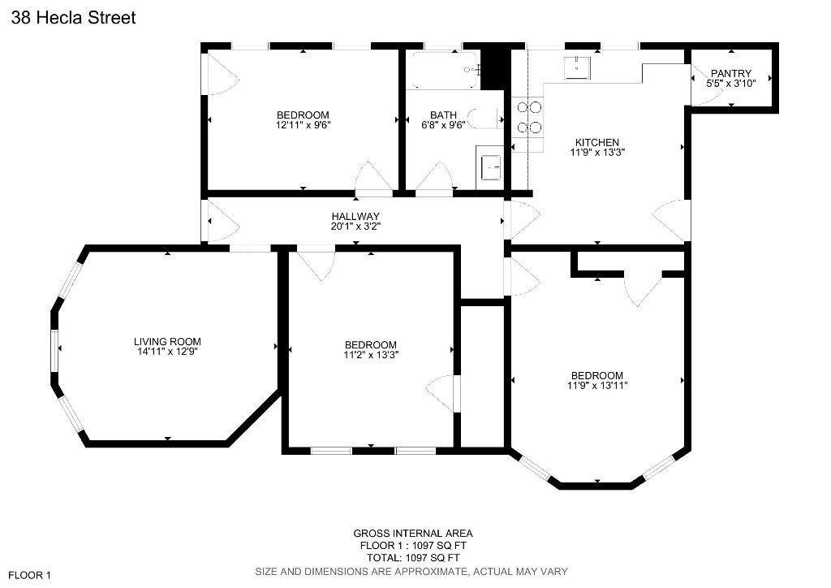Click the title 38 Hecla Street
pos(73,17)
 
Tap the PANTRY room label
pos(731,74)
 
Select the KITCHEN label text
pos(597,142)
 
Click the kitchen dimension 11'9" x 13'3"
pos(597,152)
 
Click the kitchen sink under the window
pos(577,67)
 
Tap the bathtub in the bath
pos(443,71)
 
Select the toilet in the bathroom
pos(487,119)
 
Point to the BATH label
pos(443,115)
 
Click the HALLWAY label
pos(355,217)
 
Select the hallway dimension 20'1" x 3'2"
pos(355,227)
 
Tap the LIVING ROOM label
pos(167,342)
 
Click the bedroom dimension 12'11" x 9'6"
pos(303,125)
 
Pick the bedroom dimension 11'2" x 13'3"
pos(371,354)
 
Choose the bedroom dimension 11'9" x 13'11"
pos(597,385)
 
